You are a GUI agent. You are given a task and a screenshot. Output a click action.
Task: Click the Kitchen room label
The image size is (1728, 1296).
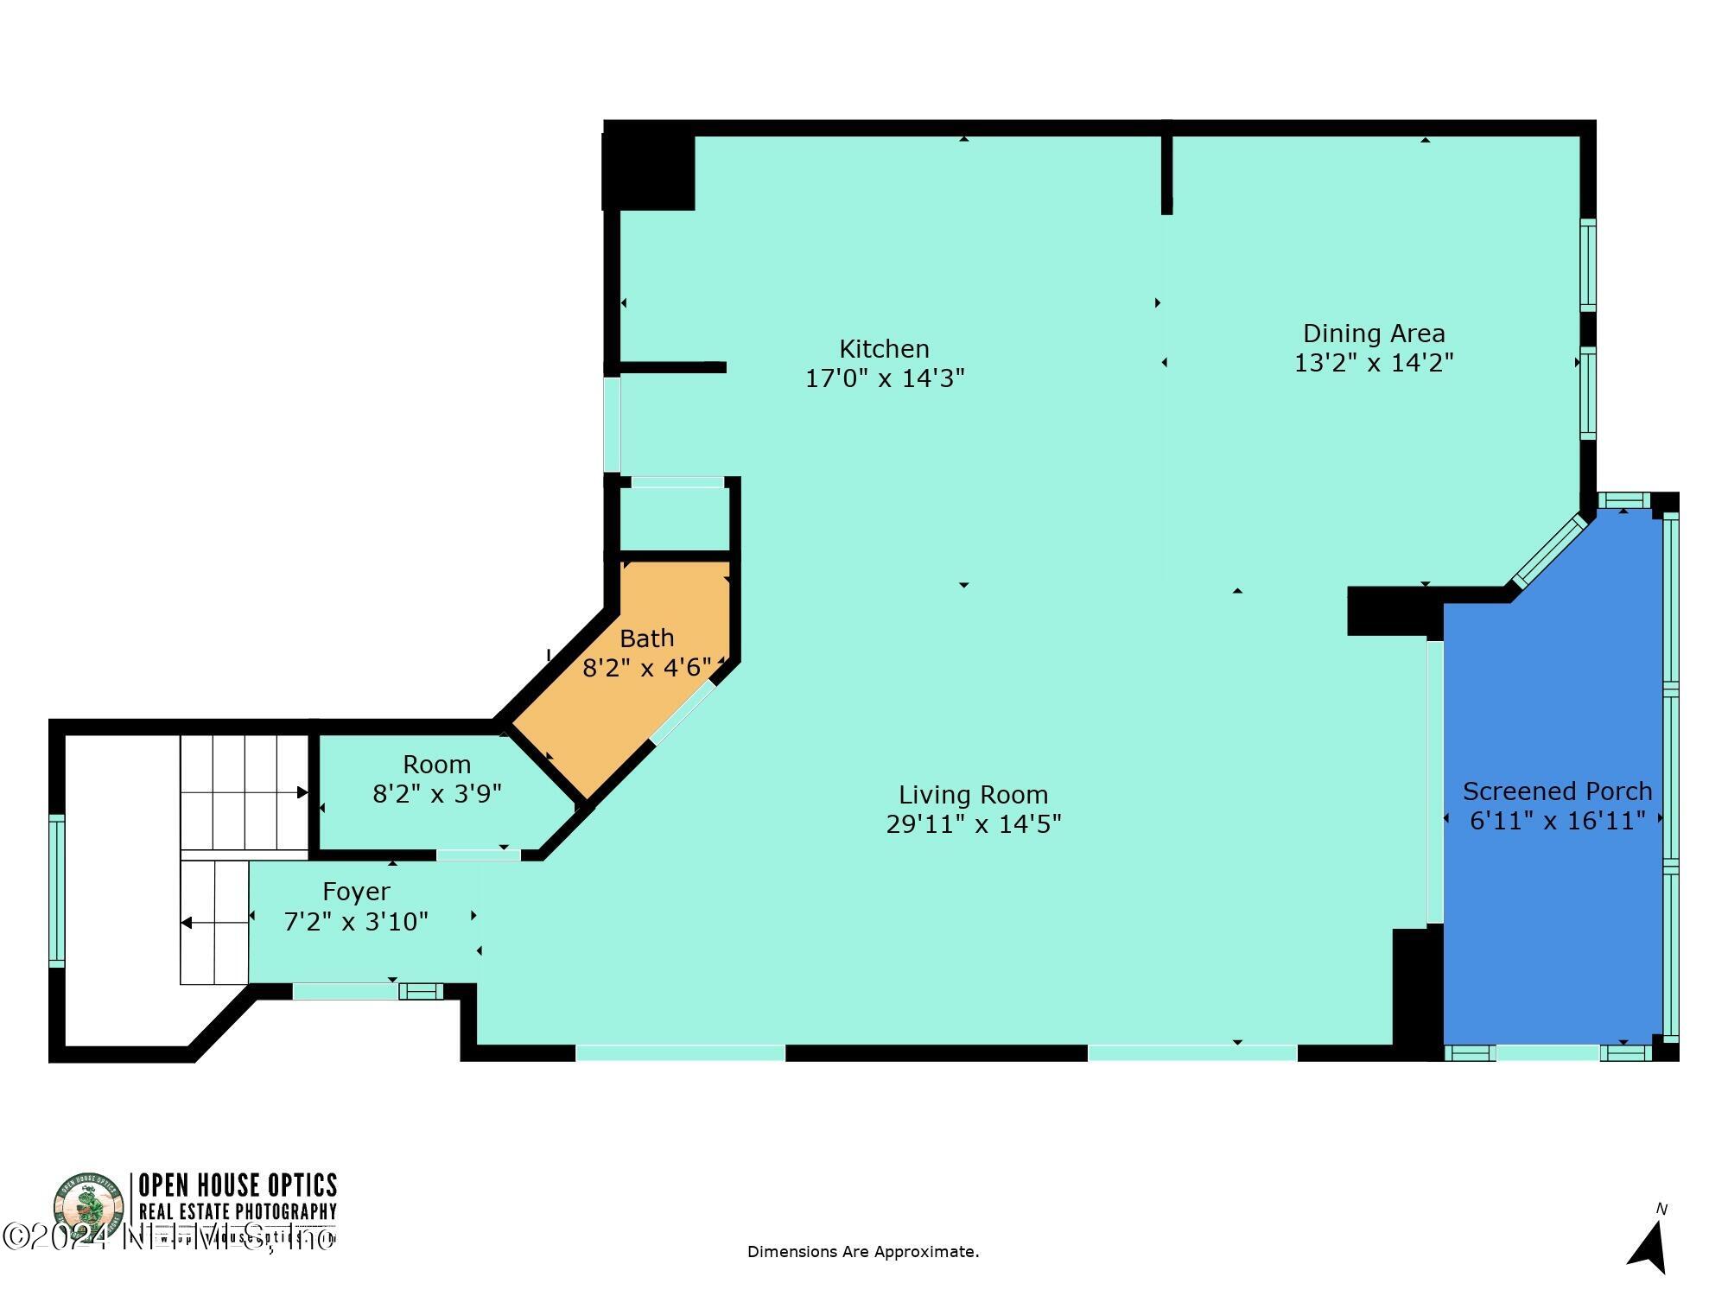pyautogui.click(x=884, y=349)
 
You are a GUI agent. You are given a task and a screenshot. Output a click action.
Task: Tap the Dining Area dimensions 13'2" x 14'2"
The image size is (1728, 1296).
pyautogui.click(x=1374, y=363)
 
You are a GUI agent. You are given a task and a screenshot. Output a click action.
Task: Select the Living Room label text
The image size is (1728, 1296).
pyautogui.click(x=973, y=795)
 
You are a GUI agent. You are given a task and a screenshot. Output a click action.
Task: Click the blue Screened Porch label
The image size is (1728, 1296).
pyautogui.click(x=1557, y=791)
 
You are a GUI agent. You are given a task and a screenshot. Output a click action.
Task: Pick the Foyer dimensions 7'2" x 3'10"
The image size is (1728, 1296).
pyautogui.click(x=356, y=922)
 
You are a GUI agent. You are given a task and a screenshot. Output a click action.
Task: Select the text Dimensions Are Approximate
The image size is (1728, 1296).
pyautogui.click(x=862, y=1252)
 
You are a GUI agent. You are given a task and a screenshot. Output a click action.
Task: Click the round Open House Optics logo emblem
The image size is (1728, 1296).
pyautogui.click(x=89, y=1208)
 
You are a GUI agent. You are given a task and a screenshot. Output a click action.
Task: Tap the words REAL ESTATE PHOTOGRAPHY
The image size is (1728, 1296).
pyautogui.click(x=238, y=1212)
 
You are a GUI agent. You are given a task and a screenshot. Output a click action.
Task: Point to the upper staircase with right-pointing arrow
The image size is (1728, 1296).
pyautogui.click(x=245, y=792)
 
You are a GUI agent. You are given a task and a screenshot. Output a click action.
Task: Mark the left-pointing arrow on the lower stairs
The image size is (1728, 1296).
pyautogui.click(x=187, y=923)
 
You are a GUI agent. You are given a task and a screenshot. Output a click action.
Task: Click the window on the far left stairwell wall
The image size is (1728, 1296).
pyautogui.click(x=56, y=890)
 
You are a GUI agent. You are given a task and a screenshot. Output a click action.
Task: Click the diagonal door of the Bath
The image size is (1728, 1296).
pyautogui.click(x=683, y=712)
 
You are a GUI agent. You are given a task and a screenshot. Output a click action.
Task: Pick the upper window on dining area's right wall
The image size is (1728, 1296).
pyautogui.click(x=1588, y=265)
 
